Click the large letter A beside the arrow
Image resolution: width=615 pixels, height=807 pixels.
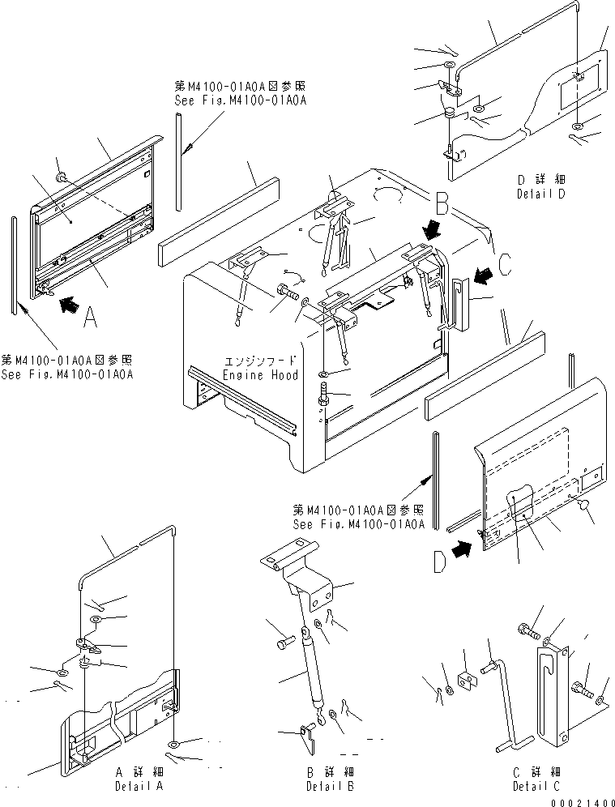point(91,316)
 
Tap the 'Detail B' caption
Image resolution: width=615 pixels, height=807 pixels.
point(330,786)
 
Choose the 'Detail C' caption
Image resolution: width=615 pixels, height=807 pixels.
point(536,786)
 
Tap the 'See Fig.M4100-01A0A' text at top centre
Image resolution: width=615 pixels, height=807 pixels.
point(241,100)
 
